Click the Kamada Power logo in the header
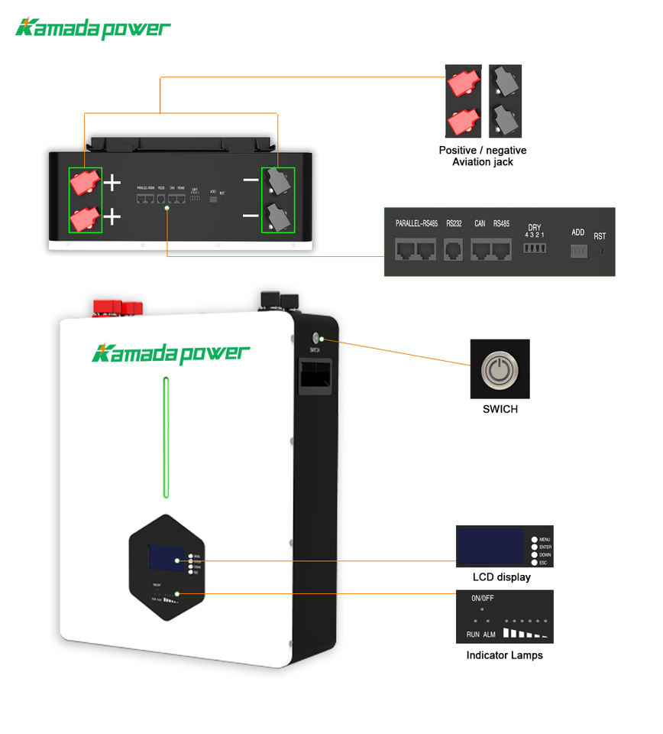93,29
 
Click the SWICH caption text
500,410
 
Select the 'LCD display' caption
501,577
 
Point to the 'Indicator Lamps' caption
504,655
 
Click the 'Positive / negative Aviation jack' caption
483,156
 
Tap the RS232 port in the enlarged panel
454,249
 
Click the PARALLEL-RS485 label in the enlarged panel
416,224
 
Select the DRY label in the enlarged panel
534,228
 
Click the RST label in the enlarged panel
600,236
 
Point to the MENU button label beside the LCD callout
545,540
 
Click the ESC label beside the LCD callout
544,563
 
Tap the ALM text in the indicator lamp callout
490,635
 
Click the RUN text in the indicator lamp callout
473,635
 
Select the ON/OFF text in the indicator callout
483,599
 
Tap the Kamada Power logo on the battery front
170,353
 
